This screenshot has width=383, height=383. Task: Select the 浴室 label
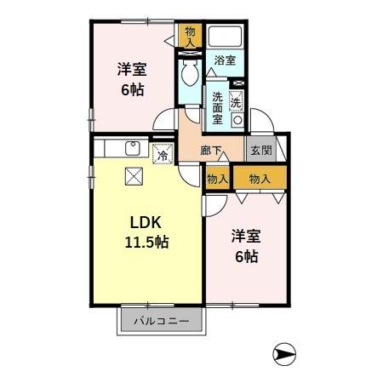(225, 60)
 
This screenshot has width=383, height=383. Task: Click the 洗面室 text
(217, 107)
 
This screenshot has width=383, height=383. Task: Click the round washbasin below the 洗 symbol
(237, 120)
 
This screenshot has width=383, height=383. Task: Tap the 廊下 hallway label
(213, 151)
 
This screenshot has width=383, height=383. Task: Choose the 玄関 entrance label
(260, 151)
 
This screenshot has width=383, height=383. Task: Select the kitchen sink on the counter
(133, 149)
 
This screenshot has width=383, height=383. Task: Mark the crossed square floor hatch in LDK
(134, 177)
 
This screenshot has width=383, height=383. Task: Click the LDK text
(147, 224)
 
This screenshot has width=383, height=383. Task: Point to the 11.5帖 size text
(147, 242)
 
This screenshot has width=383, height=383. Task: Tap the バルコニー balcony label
(161, 323)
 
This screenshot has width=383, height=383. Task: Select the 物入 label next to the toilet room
(189, 37)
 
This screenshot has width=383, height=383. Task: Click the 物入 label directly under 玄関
(260, 178)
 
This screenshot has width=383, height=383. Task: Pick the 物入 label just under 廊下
(217, 178)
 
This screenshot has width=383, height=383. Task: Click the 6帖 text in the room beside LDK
(247, 256)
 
